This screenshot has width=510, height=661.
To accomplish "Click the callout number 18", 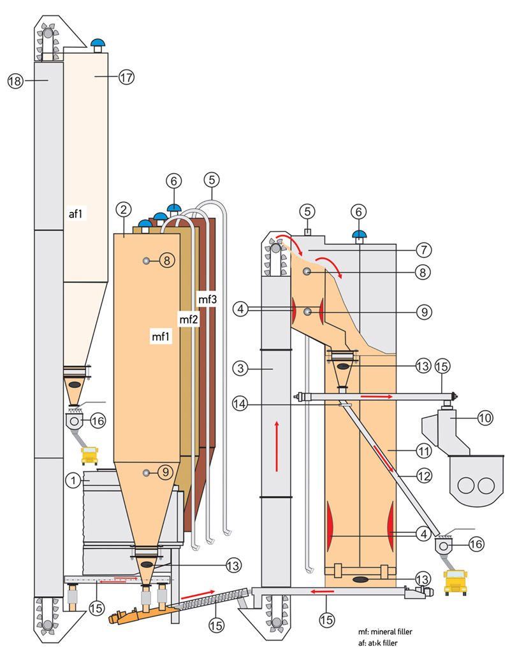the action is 15,80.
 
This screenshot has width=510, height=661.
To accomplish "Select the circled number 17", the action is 126,77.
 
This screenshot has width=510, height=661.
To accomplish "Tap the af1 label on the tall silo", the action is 76,214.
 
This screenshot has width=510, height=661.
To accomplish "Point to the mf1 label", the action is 161,337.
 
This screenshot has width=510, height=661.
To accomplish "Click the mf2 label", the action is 188,320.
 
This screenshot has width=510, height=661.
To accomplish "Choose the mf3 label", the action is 208,299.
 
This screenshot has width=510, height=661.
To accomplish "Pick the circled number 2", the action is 123,210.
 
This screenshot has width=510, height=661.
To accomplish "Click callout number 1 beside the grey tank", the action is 73,480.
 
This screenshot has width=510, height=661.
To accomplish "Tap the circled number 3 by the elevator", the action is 240,369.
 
